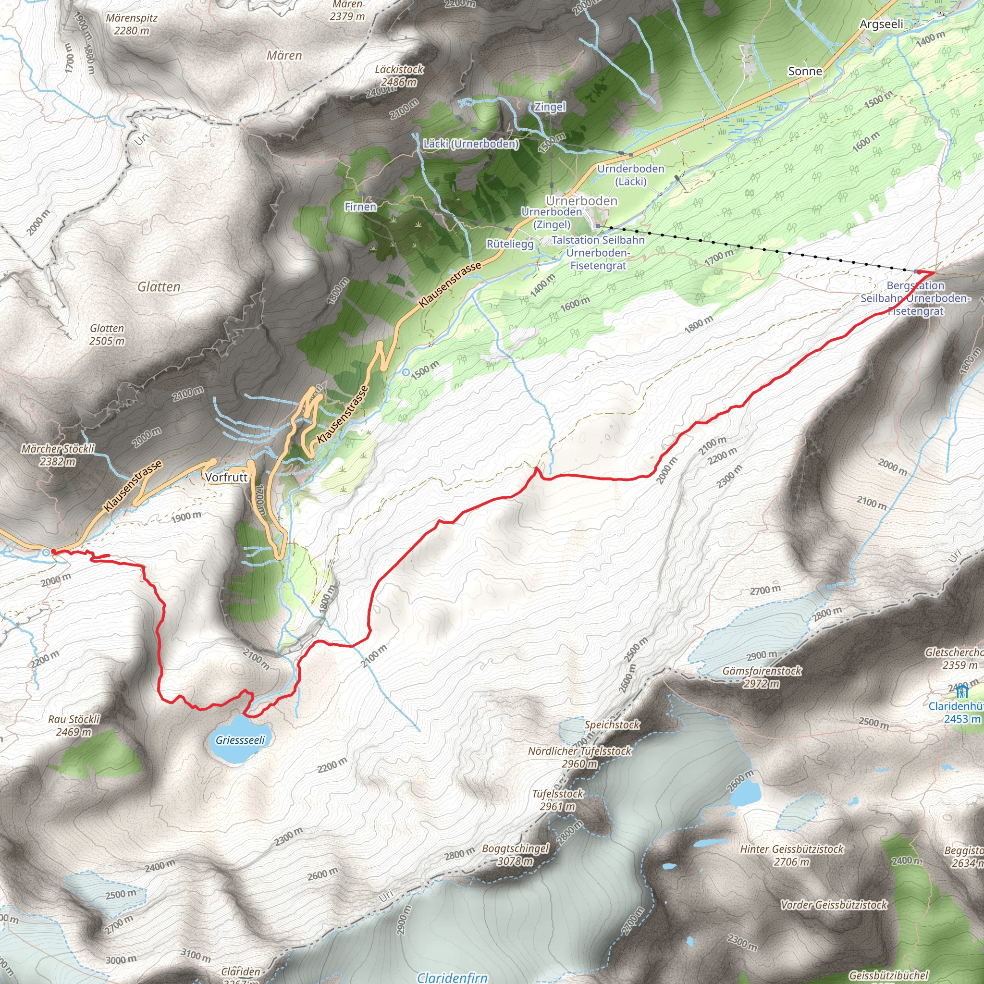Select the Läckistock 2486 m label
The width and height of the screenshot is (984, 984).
click(x=399, y=75)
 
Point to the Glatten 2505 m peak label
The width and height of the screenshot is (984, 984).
click(x=107, y=334)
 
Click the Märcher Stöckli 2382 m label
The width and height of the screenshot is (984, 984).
click(x=58, y=455)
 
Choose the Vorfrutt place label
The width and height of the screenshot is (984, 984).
click(x=226, y=477)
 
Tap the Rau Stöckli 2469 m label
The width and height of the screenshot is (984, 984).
click(x=74, y=725)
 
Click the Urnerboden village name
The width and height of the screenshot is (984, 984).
click(x=582, y=201)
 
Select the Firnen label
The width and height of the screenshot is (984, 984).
click(x=361, y=207)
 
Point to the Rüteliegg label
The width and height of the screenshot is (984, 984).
click(x=510, y=244)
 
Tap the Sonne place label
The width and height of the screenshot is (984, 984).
click(x=805, y=71)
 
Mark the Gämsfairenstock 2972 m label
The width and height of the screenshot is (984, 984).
click(x=762, y=677)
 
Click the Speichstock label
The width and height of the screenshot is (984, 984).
click(x=612, y=724)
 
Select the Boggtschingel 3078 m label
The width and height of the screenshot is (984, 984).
click(x=516, y=855)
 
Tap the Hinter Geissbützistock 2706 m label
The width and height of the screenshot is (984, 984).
click(x=791, y=855)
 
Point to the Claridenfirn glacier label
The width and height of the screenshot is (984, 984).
click(x=452, y=977)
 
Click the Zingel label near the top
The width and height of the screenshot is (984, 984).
click(x=550, y=107)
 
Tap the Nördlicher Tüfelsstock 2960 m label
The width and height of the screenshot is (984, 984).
click(x=579, y=757)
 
